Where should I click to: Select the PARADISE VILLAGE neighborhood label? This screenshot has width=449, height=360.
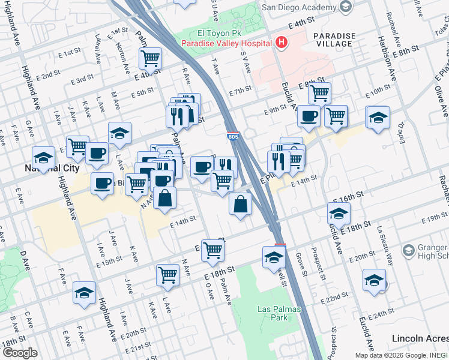pos(334,40)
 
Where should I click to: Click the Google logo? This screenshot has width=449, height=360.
pos(20,352)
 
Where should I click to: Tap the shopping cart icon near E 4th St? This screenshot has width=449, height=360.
pos(150,59)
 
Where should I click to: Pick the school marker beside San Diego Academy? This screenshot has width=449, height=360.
pos(345,7)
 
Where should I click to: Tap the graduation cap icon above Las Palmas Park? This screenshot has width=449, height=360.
pos(274,257)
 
